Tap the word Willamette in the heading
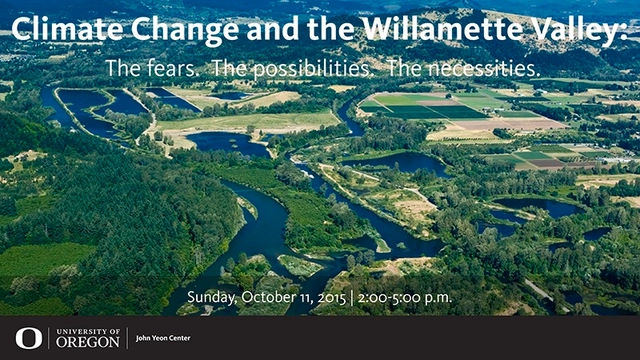(433, 30)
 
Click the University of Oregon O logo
(29, 338)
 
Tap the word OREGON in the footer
(89, 343)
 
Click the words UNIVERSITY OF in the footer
(89, 331)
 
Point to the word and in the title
(255, 30)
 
